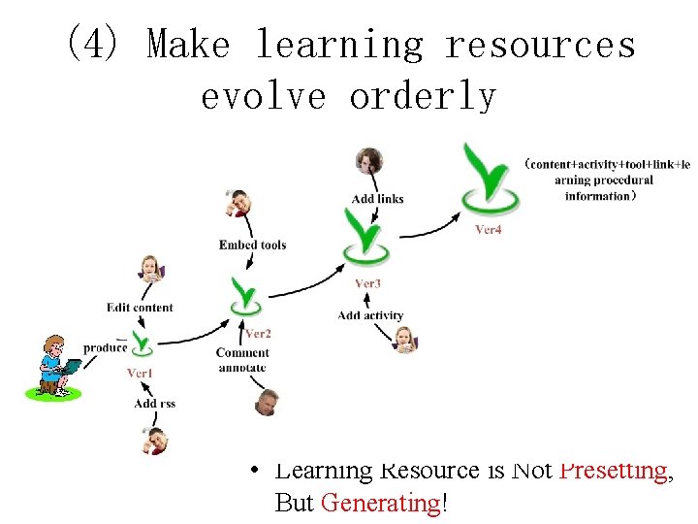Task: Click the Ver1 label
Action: [140, 373]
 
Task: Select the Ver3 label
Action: [367, 283]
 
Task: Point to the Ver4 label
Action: [489, 230]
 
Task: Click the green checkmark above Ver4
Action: [489, 180]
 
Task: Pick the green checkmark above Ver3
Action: [366, 237]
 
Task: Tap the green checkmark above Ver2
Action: [246, 295]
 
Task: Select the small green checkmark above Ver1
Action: [143, 343]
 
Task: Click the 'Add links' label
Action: [377, 199]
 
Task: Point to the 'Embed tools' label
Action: [252, 245]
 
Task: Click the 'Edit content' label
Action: [140, 308]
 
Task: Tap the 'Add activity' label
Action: [370, 315]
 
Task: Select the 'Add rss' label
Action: [154, 404]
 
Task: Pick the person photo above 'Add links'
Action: [368, 162]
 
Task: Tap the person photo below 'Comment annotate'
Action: [267, 401]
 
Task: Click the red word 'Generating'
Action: [381, 503]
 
